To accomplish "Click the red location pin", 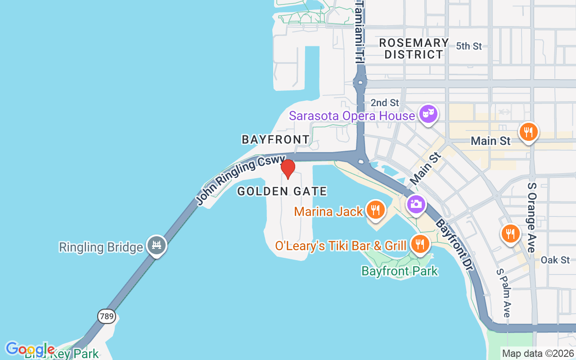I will click(288, 169).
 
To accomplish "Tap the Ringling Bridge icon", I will click(156, 245).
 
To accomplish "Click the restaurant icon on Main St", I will click(528, 132).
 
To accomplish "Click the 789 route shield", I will click(107, 316).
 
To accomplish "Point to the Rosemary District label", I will click(414, 49).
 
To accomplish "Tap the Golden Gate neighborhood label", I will click(282, 191).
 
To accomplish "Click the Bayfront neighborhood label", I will click(275, 139).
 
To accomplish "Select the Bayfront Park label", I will click(400, 271).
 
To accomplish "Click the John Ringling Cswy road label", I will click(241, 178).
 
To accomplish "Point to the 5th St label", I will click(468, 46).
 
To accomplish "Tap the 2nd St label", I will click(385, 103).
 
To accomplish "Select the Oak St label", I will click(555, 260).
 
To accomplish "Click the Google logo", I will click(30, 349).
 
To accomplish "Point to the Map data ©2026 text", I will click(538, 353).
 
